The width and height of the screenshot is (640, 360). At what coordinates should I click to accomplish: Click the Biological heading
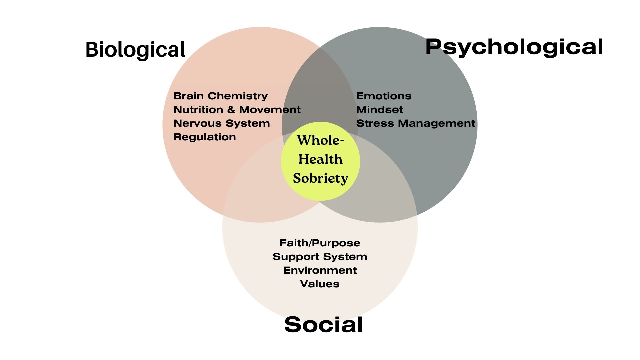(x=135, y=50)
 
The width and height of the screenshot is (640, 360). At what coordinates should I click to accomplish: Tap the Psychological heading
(x=514, y=47)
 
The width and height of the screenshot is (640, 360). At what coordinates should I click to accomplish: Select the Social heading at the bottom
(x=323, y=324)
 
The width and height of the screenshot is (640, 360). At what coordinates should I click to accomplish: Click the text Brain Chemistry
(x=220, y=96)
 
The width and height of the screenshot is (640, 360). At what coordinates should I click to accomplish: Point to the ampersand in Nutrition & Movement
(x=231, y=110)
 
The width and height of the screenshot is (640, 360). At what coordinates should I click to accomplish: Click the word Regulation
(x=205, y=137)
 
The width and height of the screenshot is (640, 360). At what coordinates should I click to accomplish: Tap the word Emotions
(x=384, y=96)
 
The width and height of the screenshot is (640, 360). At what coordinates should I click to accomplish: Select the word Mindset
(x=380, y=110)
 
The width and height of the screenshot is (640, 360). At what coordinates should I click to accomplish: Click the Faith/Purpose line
(x=320, y=243)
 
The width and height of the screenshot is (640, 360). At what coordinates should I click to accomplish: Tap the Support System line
(x=320, y=257)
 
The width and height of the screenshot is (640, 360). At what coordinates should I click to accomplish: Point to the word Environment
(x=320, y=270)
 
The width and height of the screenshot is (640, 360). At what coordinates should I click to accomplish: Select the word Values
(x=320, y=284)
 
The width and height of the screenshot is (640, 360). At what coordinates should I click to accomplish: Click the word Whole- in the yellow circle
(x=320, y=140)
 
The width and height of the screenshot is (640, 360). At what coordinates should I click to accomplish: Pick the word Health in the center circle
(x=320, y=159)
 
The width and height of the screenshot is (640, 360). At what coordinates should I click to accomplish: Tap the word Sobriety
(x=320, y=178)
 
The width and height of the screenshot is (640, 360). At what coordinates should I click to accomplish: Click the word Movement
(x=270, y=110)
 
